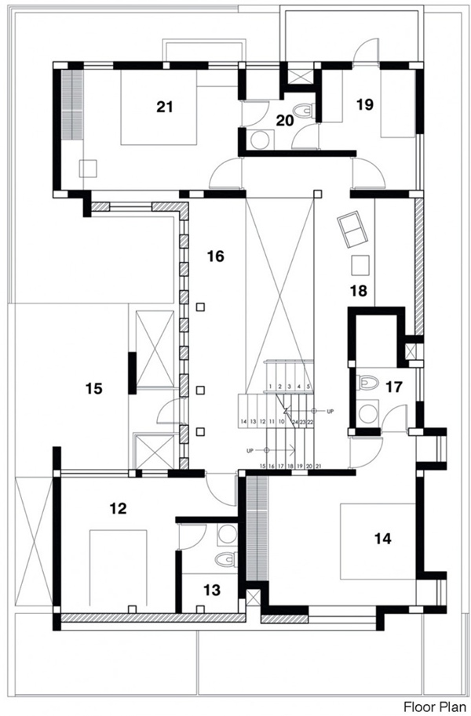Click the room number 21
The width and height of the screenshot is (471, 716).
[x=164, y=107]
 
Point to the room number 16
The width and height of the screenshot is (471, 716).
[x=216, y=256]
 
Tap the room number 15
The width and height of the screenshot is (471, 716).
[x=94, y=387]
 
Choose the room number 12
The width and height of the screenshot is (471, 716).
[x=119, y=508]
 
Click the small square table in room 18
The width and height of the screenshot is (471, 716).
[x=360, y=265]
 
